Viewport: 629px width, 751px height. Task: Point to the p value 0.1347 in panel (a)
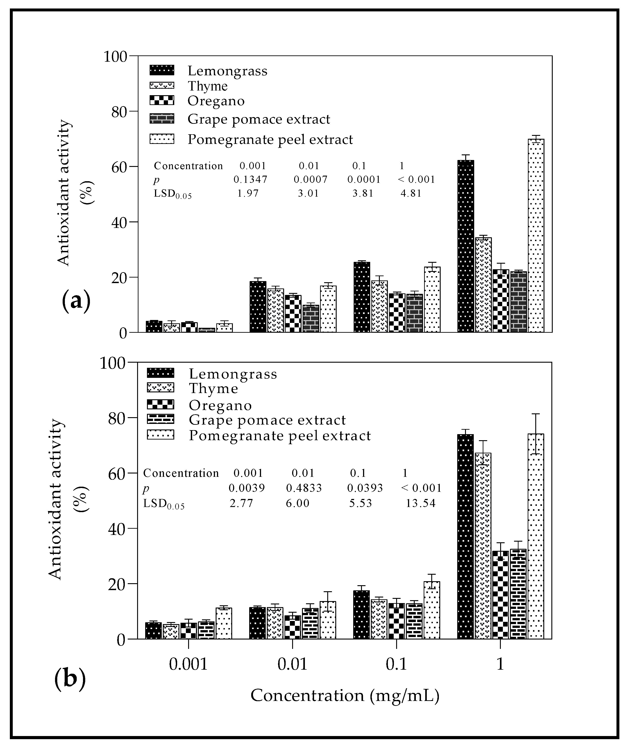[250, 179]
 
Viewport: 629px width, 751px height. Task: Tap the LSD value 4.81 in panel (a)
[411, 194]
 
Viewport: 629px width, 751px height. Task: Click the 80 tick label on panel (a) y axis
[119, 112]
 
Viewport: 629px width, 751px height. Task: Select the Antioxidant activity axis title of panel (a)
[64, 193]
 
